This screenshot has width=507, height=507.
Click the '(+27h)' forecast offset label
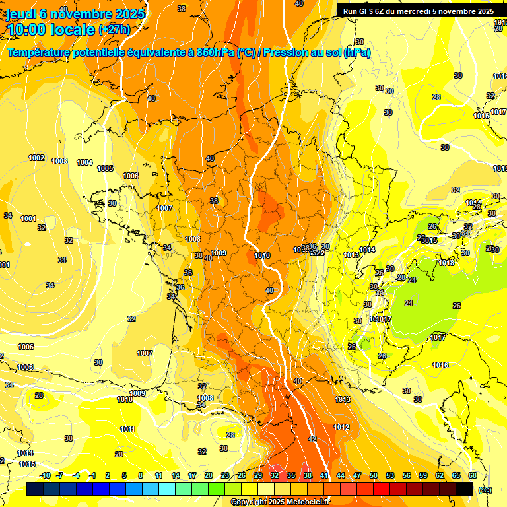[x=114, y=30]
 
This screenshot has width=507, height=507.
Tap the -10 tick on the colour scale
[x=45, y=475]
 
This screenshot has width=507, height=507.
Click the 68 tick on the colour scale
[x=473, y=475]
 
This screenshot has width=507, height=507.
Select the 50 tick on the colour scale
[x=374, y=475]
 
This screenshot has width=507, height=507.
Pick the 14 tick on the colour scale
[x=176, y=475]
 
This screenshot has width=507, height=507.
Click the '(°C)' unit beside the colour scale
[x=485, y=490]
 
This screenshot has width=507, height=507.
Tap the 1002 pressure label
[x=37, y=158]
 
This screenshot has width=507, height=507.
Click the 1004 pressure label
[x=84, y=162]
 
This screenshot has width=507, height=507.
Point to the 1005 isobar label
[x=105, y=168]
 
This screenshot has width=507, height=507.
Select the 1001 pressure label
[x=28, y=219]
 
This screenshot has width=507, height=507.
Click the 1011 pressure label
[x=127, y=429]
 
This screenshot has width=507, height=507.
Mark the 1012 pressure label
[x=341, y=427]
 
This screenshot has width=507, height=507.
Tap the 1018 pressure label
[x=446, y=263]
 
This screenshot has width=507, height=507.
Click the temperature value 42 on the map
[x=312, y=438]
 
